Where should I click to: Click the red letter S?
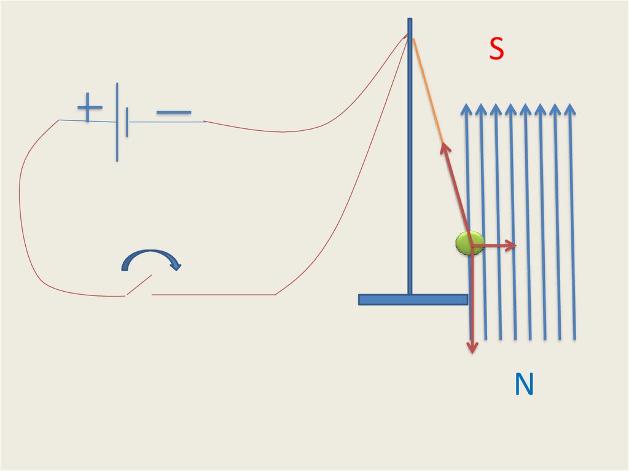(496, 50)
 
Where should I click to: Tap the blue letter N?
(524, 385)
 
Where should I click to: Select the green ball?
(470, 244)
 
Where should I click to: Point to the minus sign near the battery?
(173, 112)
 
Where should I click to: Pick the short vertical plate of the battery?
(127, 122)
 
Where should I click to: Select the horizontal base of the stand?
(413, 300)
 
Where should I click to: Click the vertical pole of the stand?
(410, 172)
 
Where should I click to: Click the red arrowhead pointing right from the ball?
(510, 246)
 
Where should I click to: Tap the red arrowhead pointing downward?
(472, 347)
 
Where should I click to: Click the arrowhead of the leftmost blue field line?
(466, 110)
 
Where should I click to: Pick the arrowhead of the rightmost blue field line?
(570, 110)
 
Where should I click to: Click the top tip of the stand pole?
(410, 20)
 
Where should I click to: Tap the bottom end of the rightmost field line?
(574, 337)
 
